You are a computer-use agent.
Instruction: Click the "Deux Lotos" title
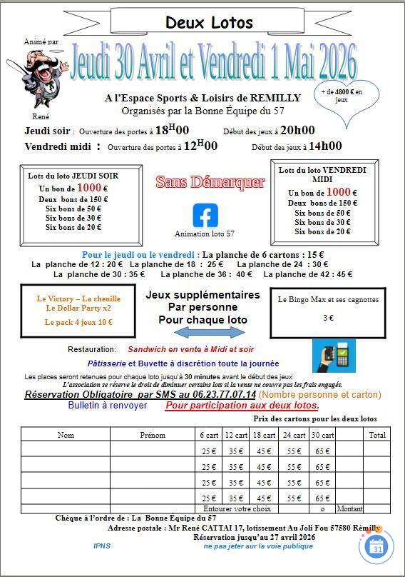[209, 23]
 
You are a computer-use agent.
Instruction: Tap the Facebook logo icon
[205, 215]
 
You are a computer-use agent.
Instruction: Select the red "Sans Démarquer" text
[210, 182]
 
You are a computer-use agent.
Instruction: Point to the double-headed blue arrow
[205, 333]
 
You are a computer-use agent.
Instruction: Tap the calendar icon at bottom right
[377, 546]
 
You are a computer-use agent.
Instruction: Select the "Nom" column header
[66, 435]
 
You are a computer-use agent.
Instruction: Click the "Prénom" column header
[153, 435]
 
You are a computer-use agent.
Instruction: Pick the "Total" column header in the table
[377, 435]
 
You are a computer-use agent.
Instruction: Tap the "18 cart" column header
[264, 435]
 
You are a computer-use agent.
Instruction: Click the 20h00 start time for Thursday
[297, 130]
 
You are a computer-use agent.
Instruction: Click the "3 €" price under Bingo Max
[328, 318]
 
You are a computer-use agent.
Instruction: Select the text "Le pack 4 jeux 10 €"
[78, 322]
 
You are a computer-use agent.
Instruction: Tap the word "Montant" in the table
[349, 508]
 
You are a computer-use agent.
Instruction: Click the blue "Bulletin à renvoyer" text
[108, 406]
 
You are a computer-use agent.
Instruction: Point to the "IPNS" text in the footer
[101, 546]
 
